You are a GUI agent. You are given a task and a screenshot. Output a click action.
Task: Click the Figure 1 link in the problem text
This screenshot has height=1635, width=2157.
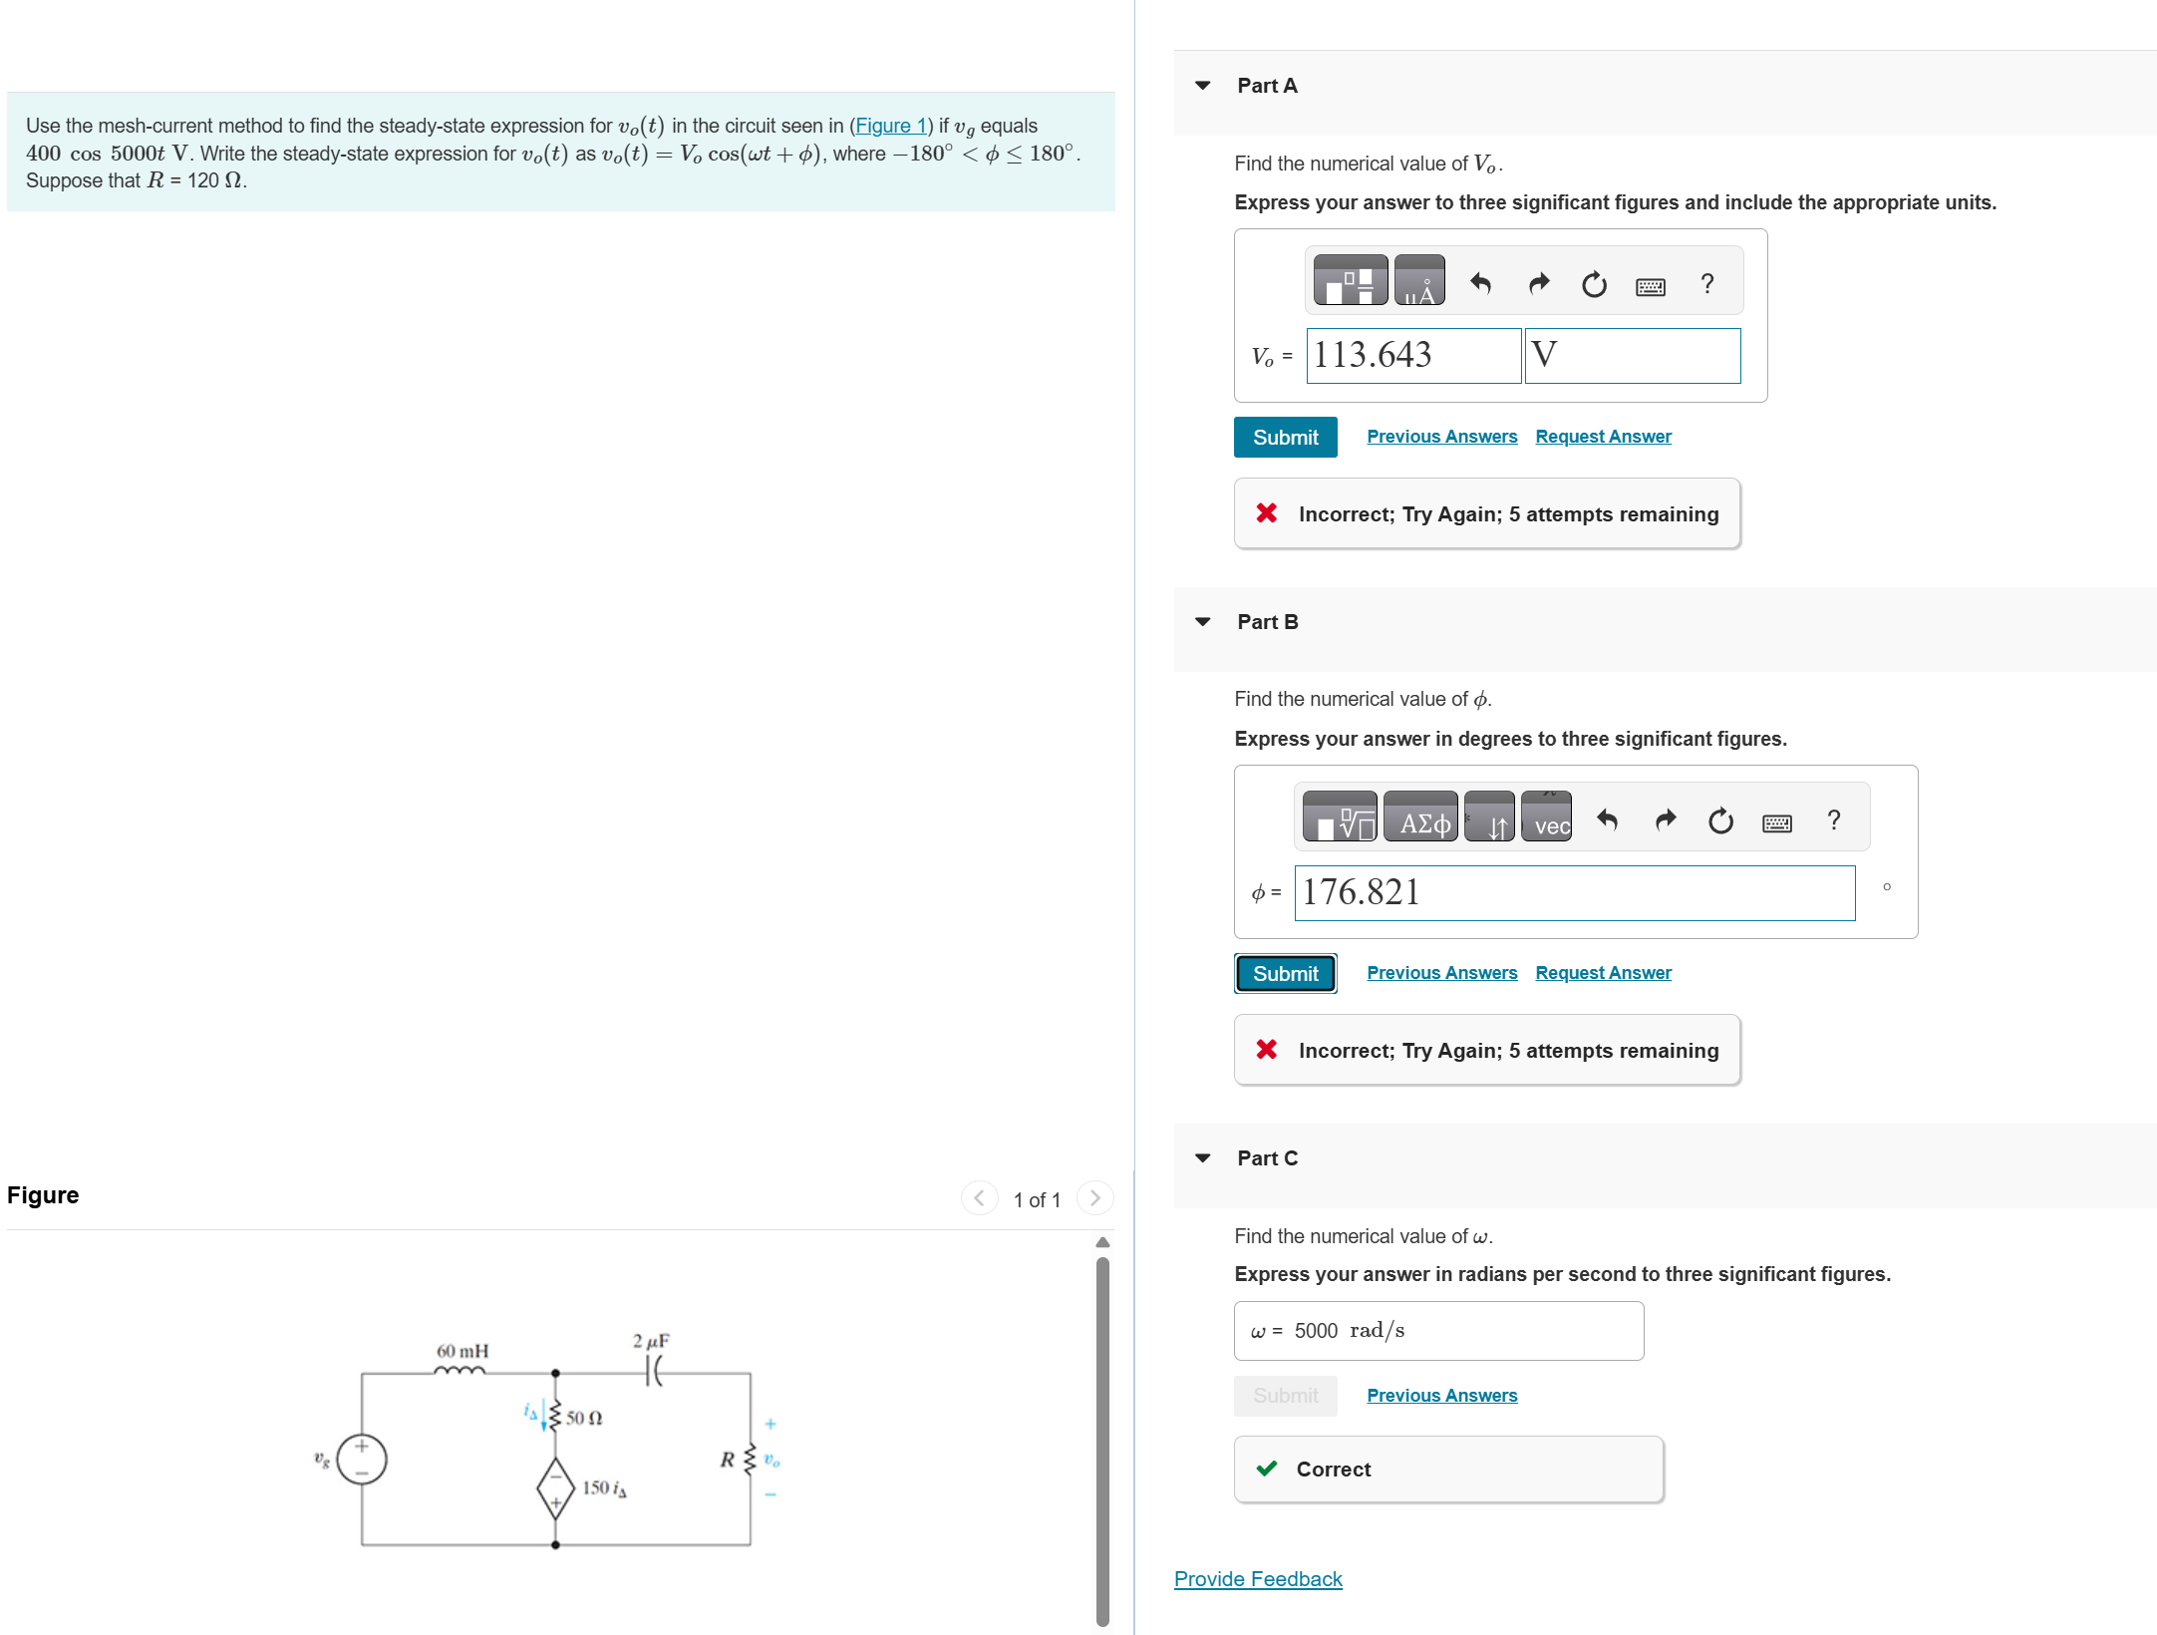(x=890, y=126)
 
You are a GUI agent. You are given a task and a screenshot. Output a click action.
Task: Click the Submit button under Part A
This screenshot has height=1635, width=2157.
(x=1284, y=438)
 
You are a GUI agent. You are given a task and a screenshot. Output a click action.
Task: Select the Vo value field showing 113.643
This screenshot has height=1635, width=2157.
(x=1412, y=356)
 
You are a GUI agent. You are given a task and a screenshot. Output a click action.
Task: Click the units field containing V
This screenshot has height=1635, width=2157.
(x=1632, y=356)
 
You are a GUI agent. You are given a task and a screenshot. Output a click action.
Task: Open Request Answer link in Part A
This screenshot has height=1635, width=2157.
(x=1602, y=437)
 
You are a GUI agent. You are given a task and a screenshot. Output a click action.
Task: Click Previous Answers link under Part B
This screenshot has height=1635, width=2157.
(x=1440, y=973)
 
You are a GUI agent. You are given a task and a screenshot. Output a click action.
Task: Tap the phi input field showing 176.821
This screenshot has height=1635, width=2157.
(x=1573, y=893)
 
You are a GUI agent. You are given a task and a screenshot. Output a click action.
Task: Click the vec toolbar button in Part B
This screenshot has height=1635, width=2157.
(x=1546, y=817)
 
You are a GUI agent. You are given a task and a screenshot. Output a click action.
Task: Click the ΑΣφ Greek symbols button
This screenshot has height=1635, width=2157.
(x=1419, y=817)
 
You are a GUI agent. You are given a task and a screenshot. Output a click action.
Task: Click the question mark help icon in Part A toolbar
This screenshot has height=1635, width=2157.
(x=1706, y=284)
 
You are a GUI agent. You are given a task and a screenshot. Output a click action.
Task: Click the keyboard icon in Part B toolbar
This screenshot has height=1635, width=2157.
(x=1776, y=822)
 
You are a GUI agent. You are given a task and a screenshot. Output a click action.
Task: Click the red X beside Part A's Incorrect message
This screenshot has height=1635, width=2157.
(x=1266, y=513)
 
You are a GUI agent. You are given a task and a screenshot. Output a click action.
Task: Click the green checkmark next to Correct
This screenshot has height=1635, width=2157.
(x=1266, y=1469)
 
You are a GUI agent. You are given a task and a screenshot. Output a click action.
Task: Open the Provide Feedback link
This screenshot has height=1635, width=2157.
(x=1257, y=1579)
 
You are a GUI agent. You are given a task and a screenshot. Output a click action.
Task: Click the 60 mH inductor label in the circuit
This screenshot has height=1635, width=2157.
(x=462, y=1351)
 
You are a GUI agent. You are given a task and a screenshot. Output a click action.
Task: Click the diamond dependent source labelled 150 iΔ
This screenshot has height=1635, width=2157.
(x=555, y=1487)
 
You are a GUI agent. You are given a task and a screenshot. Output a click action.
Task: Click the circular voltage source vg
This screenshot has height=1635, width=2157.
(x=361, y=1460)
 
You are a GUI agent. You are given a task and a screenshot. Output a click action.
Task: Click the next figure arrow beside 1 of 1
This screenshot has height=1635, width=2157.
(x=1094, y=1198)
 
